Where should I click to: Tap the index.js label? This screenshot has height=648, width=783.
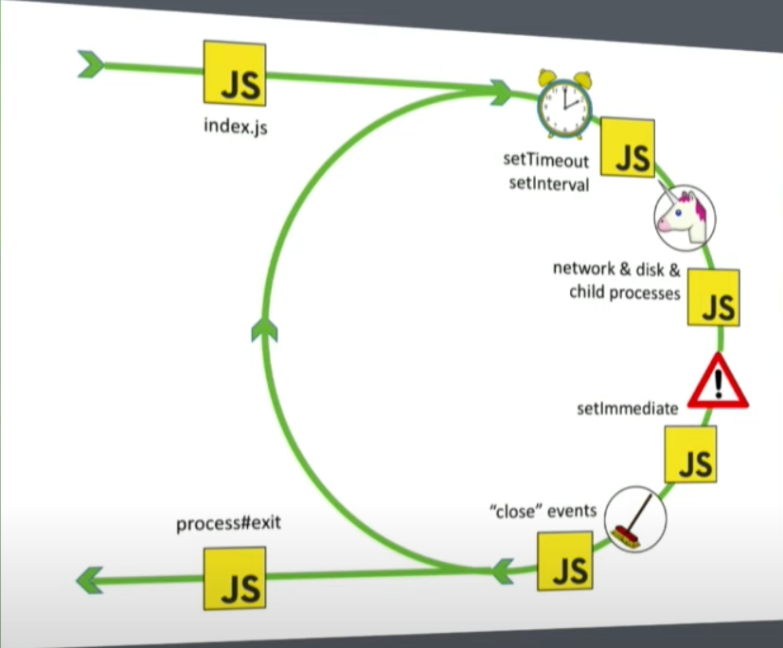pyautogui.click(x=236, y=125)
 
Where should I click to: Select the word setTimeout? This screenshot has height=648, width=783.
pyautogui.click(x=545, y=161)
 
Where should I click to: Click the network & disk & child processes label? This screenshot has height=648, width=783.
pyautogui.click(x=617, y=281)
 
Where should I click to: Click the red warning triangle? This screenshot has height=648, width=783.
pyautogui.click(x=718, y=382)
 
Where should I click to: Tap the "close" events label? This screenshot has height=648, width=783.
pyautogui.click(x=543, y=511)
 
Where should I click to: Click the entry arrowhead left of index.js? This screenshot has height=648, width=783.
pyautogui.click(x=91, y=64)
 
